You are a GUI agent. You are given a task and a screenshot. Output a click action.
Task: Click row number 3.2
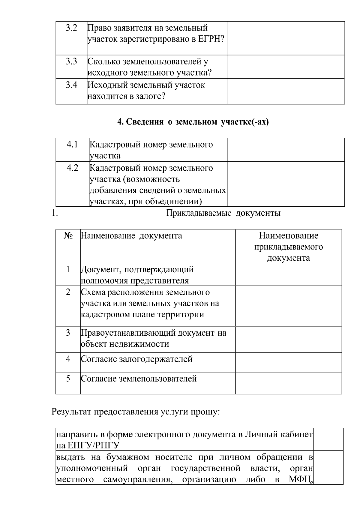point(71,28)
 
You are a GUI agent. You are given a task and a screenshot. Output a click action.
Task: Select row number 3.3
point(71,62)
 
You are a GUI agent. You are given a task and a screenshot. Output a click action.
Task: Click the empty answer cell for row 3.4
point(286,91)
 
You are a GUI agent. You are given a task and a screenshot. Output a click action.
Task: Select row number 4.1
point(72,145)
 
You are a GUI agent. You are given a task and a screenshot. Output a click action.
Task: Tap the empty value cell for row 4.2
point(286,184)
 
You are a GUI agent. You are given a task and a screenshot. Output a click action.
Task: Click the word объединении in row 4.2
point(173,202)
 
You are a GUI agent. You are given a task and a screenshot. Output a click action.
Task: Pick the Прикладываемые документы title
point(223,213)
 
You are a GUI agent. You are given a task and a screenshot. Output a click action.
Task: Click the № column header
point(68,236)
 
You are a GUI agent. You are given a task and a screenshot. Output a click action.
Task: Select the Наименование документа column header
point(131,236)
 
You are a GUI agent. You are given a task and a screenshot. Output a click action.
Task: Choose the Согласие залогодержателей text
point(137,359)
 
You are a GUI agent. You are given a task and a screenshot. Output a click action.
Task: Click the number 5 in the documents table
point(68,379)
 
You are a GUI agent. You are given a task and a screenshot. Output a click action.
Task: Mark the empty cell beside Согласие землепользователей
point(288,383)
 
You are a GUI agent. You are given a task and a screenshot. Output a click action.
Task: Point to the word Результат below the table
point(72,412)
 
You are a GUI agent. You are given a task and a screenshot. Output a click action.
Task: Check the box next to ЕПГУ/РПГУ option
point(328,439)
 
